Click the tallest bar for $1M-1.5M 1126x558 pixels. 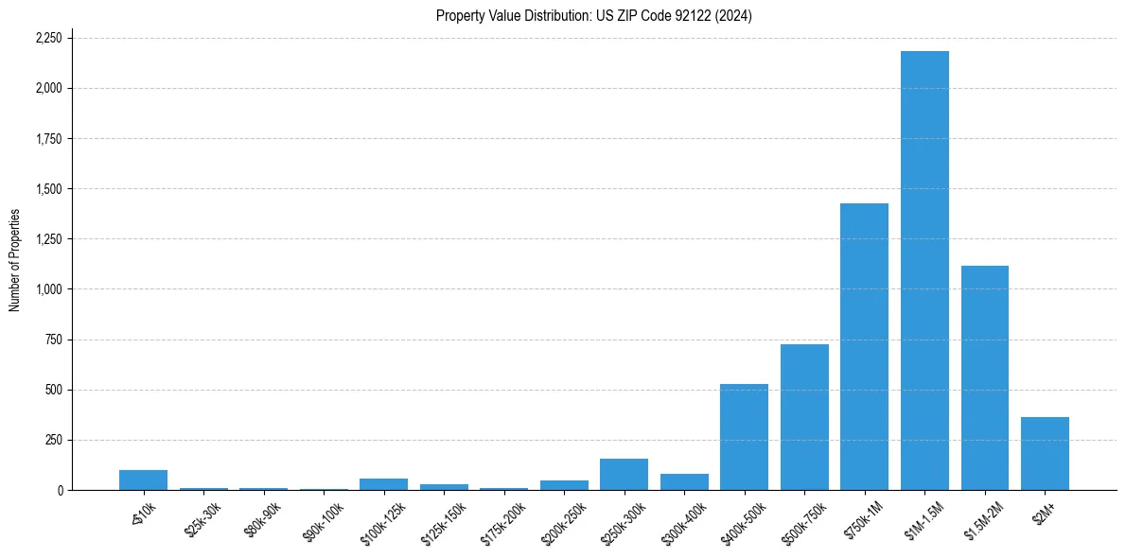[x=924, y=270]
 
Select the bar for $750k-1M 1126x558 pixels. [x=864, y=347]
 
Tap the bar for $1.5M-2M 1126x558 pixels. [x=984, y=378]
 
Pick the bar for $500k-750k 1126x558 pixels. [x=804, y=417]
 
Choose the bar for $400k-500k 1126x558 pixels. [x=744, y=437]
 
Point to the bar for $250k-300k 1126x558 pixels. [x=624, y=475]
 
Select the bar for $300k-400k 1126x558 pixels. [x=684, y=482]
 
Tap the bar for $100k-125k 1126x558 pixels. [x=383, y=484]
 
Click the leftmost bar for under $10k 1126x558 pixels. [x=143, y=480]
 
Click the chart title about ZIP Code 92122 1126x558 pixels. [x=593, y=15]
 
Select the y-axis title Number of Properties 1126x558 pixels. [x=15, y=260]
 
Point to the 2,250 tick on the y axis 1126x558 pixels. [x=48, y=38]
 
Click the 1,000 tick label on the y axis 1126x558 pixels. [x=48, y=289]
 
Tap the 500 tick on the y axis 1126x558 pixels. [x=55, y=390]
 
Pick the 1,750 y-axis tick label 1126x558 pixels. [x=48, y=139]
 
